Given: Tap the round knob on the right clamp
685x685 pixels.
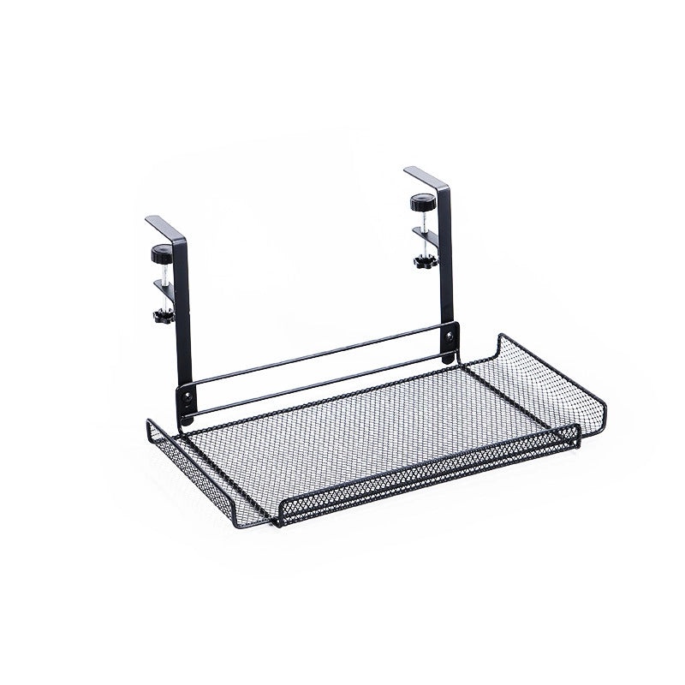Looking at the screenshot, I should click(x=420, y=205).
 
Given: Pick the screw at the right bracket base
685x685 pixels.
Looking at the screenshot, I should click(x=449, y=342).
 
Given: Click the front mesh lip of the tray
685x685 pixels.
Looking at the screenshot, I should click(x=428, y=479).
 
